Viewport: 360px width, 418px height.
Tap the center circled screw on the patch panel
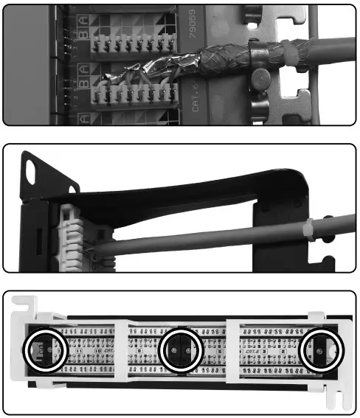(x=181, y=350)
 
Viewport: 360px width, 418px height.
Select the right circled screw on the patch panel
(x=322, y=351)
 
